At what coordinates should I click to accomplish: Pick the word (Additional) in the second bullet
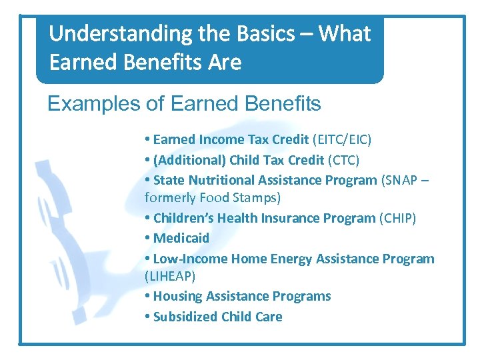[189, 160]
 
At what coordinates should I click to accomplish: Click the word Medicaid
[181, 238]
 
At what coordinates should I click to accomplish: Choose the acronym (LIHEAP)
[170, 275]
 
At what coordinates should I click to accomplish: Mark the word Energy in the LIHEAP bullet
[287, 259]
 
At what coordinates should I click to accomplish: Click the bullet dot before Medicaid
[147, 239]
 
